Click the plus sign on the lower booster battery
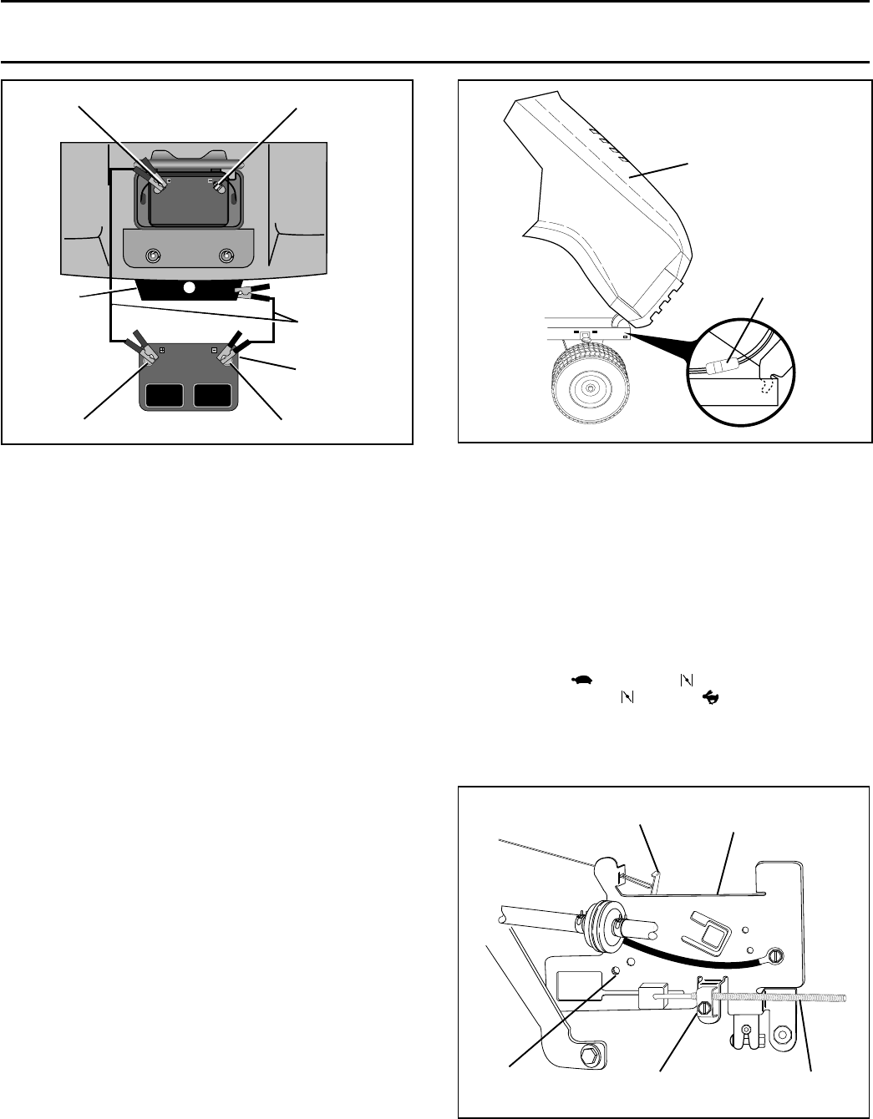162,350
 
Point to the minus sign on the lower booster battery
215,350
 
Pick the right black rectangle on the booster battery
215,395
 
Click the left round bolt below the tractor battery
152,255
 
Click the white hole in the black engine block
189,287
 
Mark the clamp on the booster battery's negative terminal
226,357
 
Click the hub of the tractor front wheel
590,387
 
